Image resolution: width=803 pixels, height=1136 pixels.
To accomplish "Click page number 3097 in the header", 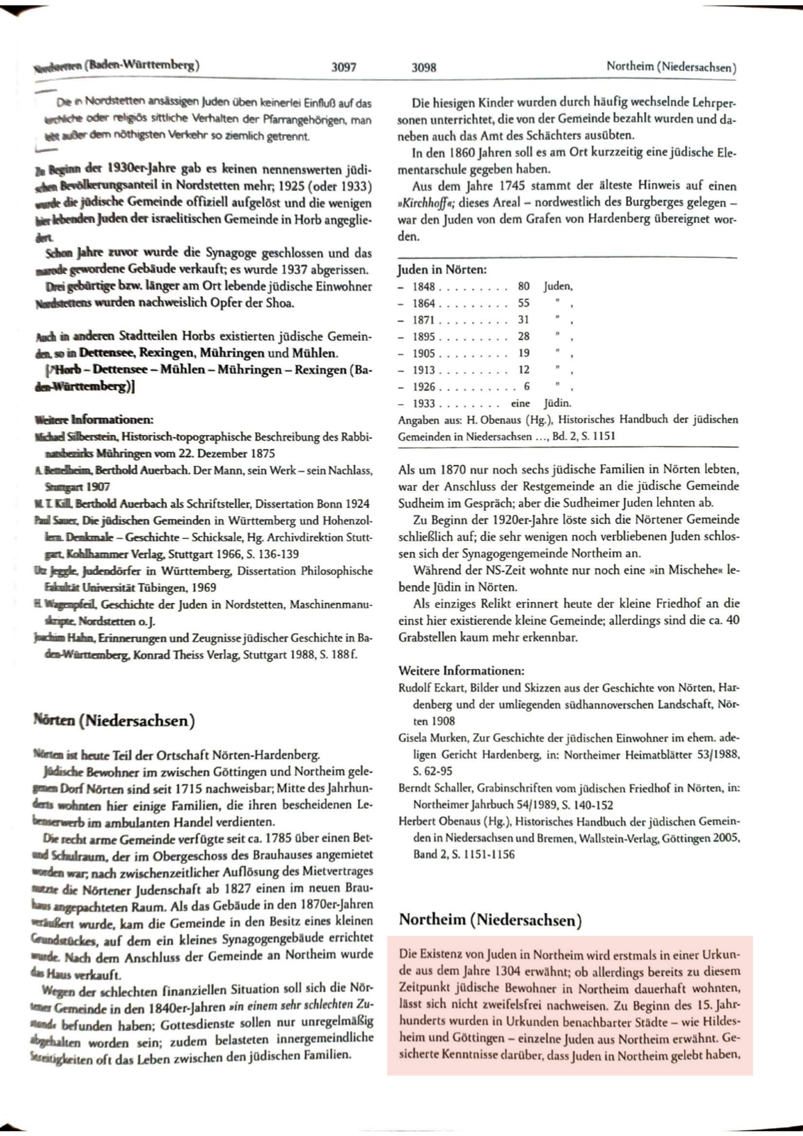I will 344,67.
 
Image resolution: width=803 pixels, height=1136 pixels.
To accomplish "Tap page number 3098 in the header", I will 424,67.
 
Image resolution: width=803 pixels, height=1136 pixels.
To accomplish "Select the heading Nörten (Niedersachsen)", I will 114,721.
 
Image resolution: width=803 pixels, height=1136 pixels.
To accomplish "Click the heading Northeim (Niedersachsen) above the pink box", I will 490,920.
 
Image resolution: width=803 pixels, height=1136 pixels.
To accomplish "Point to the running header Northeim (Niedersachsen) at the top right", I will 671,67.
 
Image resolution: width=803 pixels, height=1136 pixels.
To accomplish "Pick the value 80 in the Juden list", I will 523,286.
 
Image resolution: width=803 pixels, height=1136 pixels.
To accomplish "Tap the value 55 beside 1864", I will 523,303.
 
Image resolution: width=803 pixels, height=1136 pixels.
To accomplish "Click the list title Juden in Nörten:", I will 442,270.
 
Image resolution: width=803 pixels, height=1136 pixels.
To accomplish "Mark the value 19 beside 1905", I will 523,353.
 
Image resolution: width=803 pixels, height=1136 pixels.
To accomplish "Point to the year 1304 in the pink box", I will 499,971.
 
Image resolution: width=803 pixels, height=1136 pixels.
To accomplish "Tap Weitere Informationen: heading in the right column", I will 461,670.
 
